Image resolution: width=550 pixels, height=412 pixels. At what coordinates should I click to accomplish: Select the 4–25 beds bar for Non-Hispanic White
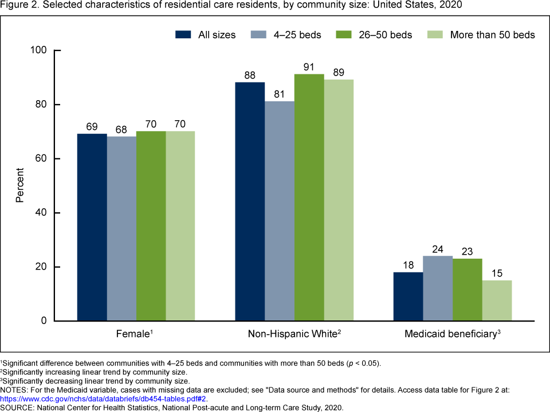tap(280, 211)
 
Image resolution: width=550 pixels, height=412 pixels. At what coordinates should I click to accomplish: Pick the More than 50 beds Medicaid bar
tap(497, 300)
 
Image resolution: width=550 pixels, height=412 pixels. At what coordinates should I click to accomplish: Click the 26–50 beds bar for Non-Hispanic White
tap(309, 197)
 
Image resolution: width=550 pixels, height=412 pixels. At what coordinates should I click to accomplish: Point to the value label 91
tap(309, 68)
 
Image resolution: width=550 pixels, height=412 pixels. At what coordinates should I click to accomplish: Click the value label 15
tap(497, 274)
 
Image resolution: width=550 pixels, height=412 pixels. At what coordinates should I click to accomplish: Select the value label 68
tap(121, 130)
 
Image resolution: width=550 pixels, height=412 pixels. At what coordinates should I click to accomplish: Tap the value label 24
tap(438, 249)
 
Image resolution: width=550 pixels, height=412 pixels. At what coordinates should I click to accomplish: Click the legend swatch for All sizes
tap(183, 35)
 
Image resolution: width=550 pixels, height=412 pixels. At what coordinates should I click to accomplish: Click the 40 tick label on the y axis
tap(41, 213)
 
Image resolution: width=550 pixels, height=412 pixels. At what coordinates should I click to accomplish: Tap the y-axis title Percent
tap(19, 185)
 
